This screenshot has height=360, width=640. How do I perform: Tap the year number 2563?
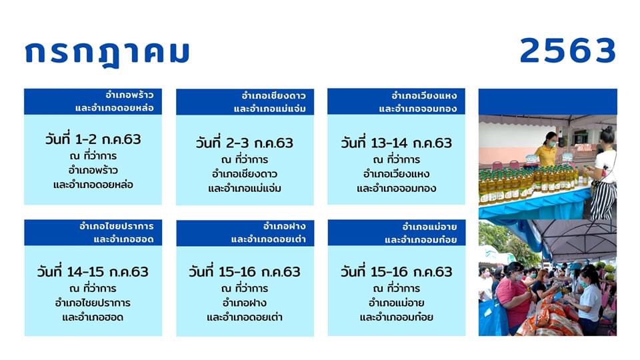568,51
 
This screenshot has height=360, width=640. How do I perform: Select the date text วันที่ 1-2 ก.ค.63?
93,139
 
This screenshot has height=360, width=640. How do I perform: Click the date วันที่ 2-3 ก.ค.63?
245,143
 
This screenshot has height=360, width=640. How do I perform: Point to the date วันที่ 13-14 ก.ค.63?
396,143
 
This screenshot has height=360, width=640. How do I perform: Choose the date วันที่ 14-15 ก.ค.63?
93,271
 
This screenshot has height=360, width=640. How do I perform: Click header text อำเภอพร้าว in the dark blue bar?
129,95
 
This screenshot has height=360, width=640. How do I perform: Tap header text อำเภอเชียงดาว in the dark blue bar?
273,95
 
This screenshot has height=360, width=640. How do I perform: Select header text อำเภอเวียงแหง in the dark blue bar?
424,95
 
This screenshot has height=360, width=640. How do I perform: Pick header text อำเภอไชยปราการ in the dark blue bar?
116,226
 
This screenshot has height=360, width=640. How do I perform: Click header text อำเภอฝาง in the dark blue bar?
285,226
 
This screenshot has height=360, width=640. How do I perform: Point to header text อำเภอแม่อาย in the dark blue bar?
429,227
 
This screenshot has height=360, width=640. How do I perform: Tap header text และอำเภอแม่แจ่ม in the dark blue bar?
269,109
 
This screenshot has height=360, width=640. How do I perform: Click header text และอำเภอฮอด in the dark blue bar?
123,239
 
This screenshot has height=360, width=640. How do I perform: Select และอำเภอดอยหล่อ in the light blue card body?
93,185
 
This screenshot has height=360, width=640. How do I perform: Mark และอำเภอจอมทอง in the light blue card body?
396,188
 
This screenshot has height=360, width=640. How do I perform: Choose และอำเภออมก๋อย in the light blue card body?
396,317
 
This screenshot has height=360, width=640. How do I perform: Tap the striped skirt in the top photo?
603,201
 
